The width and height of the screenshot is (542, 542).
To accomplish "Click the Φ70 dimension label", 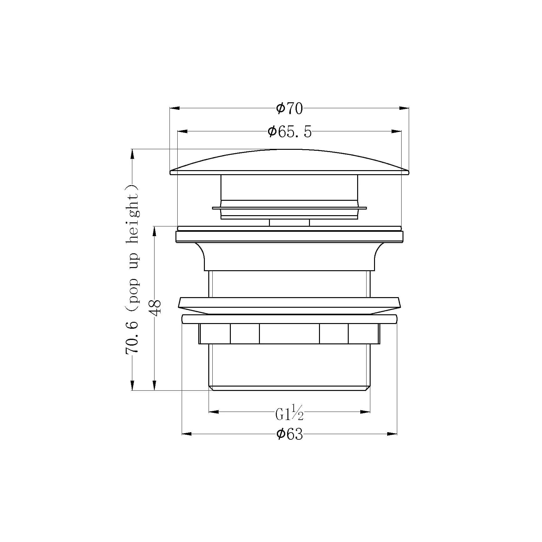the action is tap(290, 109).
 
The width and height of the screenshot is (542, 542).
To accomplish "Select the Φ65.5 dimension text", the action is tap(290, 132).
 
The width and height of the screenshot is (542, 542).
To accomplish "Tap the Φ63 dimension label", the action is tap(290, 434).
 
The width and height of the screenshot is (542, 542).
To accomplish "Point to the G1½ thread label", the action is tap(290, 413).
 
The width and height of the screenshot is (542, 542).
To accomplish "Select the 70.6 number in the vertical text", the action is tap(132, 337).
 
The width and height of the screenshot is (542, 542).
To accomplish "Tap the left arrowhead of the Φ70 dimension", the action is tap(175, 108).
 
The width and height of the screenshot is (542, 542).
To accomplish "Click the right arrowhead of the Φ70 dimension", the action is tap(404, 108).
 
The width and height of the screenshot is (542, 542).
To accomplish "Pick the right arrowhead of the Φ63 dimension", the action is tap(392, 434).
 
